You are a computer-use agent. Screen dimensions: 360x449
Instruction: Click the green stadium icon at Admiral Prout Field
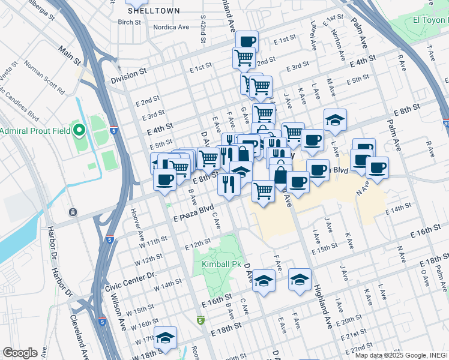click(79, 130)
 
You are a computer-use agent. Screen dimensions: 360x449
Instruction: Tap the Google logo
click(20, 353)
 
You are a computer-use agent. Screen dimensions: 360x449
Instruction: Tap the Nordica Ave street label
click(170, 27)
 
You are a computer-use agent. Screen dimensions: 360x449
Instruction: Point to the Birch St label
click(129, 22)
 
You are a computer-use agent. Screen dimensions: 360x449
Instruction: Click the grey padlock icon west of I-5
click(73, 212)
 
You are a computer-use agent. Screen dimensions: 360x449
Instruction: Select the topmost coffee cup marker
click(246, 41)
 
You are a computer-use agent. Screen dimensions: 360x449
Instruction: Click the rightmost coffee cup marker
click(377, 167)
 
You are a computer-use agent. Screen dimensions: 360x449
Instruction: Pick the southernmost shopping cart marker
click(263, 191)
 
